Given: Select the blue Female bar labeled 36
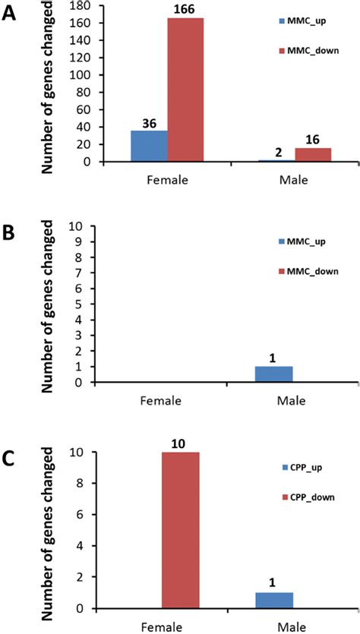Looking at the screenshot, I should (x=149, y=146).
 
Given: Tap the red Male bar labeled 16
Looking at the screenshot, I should (x=313, y=155).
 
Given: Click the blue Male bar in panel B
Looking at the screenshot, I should (x=274, y=375).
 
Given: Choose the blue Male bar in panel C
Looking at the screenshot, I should (x=274, y=600).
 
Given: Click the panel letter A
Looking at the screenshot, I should (x=11, y=14).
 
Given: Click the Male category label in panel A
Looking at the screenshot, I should (x=293, y=182).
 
